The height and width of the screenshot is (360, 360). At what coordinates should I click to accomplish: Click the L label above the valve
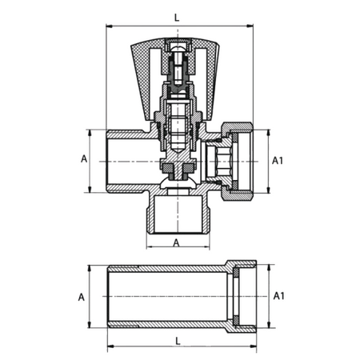177,18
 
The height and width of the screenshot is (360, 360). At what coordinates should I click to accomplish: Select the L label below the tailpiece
178,341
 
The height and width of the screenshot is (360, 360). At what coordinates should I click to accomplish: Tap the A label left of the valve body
84,158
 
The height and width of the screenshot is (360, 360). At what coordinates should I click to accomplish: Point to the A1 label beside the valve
278,161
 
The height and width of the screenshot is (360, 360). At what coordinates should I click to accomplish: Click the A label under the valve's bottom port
176,243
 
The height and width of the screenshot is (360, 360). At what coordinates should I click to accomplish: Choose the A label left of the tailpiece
81,297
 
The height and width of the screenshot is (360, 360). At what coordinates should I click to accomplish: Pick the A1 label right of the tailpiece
279,296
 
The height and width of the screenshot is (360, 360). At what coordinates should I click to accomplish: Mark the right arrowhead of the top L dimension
250,26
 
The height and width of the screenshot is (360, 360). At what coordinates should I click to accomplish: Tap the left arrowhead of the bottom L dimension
110,346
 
